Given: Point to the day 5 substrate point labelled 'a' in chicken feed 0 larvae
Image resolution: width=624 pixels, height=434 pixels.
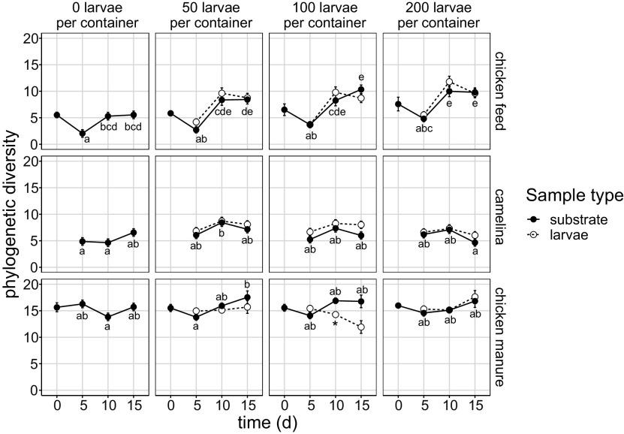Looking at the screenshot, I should (82, 133).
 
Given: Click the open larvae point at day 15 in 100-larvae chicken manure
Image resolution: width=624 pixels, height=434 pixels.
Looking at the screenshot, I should (361, 327).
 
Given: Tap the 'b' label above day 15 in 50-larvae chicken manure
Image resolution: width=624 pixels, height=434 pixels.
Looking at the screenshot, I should (248, 284).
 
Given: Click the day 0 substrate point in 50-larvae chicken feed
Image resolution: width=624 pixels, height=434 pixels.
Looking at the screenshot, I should (170, 113).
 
